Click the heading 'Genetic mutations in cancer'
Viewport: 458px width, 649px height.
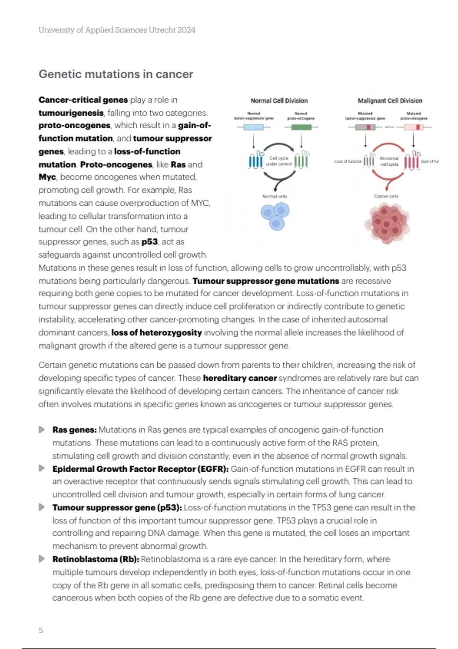tap(116, 74)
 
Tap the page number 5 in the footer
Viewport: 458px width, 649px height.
tap(41, 630)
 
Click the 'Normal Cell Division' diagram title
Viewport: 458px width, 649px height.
tap(279, 101)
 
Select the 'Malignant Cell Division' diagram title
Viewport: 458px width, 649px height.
tap(390, 101)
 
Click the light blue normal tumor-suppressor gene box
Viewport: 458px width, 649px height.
tap(253, 127)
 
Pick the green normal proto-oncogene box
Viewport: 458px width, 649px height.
tap(301, 127)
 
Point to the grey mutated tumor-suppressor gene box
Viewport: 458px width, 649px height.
tap(365, 127)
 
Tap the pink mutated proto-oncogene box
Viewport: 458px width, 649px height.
tap(414, 127)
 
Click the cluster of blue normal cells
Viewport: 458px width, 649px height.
tap(275, 216)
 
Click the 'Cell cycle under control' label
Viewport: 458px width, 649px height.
tap(279, 161)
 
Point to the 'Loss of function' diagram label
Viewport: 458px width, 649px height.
tap(348, 161)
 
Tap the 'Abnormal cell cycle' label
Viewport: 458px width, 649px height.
tap(389, 161)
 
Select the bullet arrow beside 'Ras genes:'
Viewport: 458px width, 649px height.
tap(42, 430)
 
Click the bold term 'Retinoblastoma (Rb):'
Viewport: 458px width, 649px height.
tap(96, 559)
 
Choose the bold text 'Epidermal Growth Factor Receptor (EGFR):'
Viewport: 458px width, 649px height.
tap(140, 469)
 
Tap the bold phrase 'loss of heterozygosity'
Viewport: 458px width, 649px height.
tap(156, 333)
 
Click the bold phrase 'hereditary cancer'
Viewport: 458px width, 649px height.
tap(240, 378)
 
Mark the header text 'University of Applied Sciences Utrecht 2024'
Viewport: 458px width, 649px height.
tap(117, 30)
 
